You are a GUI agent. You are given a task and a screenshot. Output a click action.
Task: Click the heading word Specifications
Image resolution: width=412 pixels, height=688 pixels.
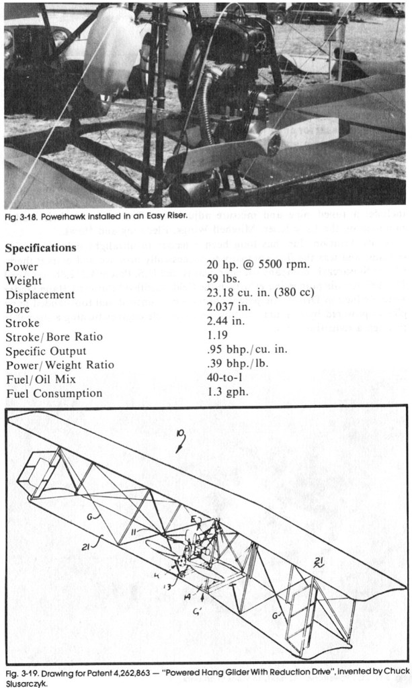(x=41, y=248)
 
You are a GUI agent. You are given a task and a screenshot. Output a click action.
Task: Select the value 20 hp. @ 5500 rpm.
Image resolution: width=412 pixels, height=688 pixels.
(x=259, y=265)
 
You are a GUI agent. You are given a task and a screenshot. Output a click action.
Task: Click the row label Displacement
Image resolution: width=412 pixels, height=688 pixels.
(x=40, y=294)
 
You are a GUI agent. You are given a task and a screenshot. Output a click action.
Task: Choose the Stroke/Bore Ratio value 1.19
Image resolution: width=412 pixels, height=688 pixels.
(x=218, y=336)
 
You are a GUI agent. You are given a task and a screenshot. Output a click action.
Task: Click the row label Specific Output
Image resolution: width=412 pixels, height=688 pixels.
(x=46, y=351)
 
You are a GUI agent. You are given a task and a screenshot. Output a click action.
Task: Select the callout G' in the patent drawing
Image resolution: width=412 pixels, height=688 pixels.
(x=198, y=611)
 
